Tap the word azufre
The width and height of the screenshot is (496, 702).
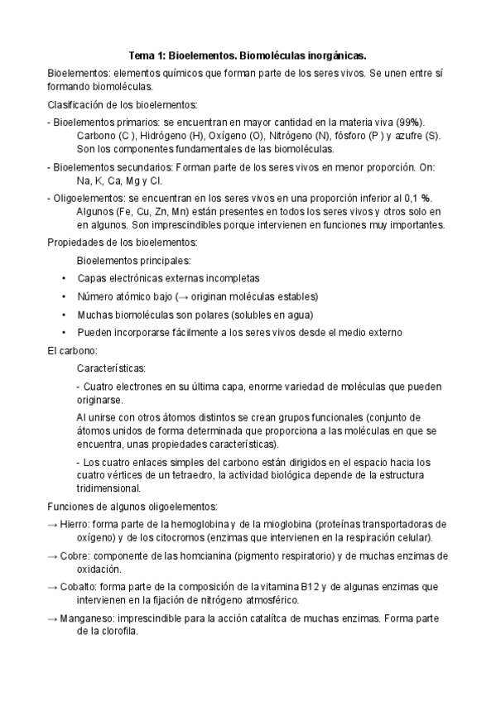coord(410,135)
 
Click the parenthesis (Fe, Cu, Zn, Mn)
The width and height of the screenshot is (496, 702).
coord(161,210)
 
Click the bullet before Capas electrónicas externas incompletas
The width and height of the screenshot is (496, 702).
coord(65,279)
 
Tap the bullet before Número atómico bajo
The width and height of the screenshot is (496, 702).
coord(65,296)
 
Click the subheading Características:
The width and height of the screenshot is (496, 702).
coord(112,368)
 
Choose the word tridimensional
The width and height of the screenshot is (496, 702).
coord(107,488)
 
